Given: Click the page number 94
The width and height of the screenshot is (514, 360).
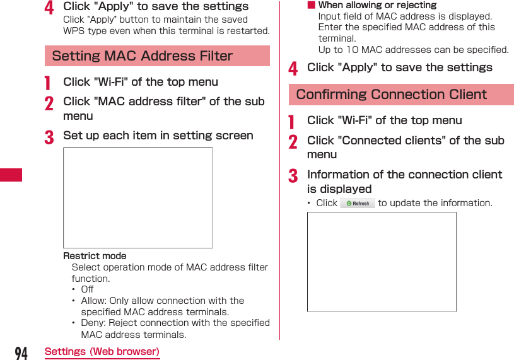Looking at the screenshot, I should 21,352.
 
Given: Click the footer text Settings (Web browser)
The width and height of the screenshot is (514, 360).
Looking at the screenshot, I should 102,352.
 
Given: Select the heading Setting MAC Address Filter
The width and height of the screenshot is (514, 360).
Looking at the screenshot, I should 143,56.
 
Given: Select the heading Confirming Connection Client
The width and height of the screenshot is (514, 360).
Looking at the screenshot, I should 391,95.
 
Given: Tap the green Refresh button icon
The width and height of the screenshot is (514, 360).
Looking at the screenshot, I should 358,203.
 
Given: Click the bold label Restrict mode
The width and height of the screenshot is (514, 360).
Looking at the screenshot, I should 95,256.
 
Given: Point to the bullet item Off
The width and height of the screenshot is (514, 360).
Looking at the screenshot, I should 87,289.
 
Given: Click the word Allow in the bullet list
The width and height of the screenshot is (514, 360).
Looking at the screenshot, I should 93,301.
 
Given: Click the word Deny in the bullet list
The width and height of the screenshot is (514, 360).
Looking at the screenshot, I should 92,323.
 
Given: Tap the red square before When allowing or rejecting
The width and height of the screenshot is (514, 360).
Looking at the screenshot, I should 310,5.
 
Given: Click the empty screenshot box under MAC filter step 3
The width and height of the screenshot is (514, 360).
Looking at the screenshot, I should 137,198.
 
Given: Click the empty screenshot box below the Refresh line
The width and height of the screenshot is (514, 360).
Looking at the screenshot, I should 382,262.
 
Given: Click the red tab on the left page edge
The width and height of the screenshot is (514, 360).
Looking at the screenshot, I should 11,175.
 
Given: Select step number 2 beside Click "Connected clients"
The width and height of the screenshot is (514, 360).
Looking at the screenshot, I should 293,142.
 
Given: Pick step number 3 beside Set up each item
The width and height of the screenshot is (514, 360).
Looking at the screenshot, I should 49,137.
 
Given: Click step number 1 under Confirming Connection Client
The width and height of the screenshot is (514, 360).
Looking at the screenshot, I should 292,122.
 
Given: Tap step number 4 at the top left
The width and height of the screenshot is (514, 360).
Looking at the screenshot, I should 49,8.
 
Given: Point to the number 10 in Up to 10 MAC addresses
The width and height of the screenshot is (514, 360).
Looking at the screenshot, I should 353,50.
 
